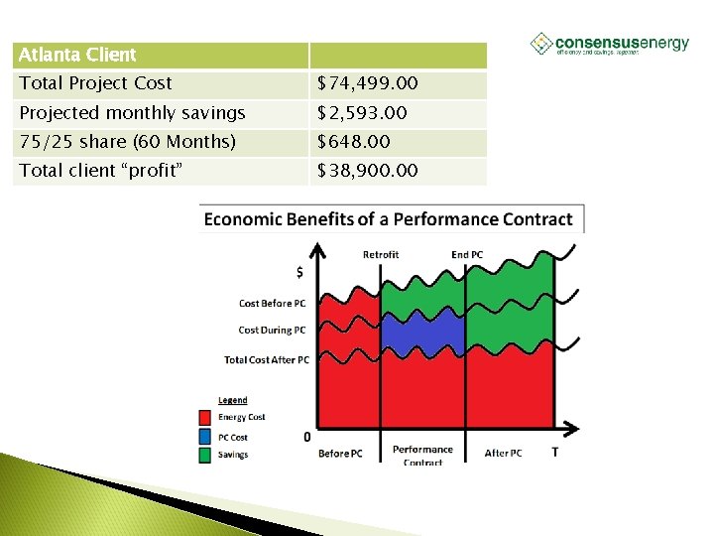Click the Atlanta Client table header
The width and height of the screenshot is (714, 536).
77,55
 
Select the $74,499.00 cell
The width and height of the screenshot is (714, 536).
368,84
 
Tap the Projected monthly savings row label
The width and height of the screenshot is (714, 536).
132,113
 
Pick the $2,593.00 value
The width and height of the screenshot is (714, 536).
362,113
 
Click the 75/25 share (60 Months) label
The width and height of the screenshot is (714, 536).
127,142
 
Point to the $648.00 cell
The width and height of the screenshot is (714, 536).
353,142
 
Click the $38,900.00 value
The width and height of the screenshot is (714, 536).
367,171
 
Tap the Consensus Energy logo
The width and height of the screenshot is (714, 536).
609,45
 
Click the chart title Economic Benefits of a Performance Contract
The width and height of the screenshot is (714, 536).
388,219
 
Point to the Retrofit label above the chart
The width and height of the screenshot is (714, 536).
381,255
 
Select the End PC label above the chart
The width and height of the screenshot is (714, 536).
467,255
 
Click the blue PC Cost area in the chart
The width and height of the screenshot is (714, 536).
422,333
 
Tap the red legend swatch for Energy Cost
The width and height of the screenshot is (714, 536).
204,418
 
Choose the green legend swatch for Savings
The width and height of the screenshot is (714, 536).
204,455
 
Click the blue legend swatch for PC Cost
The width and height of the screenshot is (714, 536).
204,437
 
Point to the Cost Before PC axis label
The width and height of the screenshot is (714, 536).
272,304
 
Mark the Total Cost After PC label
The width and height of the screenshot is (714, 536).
267,360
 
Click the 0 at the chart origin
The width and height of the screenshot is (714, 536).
306,437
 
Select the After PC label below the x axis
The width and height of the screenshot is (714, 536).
503,454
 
